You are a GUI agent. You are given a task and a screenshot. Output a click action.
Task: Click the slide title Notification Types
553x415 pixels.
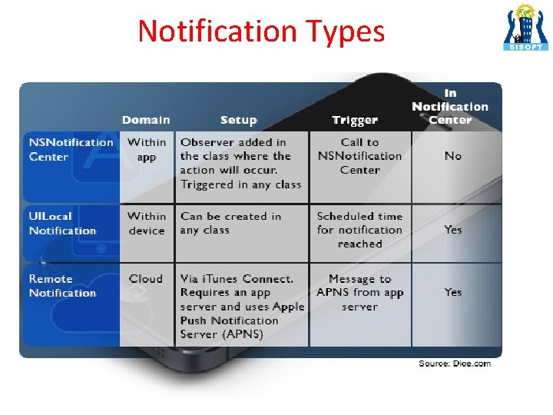click(261, 31)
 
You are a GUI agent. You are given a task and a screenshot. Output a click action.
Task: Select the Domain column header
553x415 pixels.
click(146, 120)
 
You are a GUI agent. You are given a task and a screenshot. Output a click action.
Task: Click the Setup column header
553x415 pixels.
click(238, 120)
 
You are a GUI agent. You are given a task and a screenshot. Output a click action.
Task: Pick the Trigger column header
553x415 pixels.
click(355, 120)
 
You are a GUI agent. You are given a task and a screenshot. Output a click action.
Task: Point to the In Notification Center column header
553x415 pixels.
click(450, 106)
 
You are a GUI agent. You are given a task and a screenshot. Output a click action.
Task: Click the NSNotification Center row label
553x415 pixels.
click(71, 149)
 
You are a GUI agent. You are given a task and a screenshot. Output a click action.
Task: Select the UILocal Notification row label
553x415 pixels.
click(62, 224)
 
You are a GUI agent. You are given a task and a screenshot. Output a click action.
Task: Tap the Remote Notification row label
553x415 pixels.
click(62, 286)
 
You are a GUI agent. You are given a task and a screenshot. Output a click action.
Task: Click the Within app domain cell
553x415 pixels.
click(147, 149)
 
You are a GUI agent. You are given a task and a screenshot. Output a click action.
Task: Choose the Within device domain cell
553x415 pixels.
click(147, 224)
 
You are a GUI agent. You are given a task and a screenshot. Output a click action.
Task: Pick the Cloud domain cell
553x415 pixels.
click(146, 279)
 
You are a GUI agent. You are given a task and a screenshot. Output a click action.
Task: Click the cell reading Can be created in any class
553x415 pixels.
click(230, 224)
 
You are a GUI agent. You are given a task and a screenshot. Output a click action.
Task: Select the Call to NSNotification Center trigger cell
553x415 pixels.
click(359, 156)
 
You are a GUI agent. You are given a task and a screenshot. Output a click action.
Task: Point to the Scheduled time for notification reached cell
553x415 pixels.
click(359, 230)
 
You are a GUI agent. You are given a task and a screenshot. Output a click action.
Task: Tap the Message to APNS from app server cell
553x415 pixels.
click(359, 293)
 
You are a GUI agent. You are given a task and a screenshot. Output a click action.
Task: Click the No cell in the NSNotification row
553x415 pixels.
click(453, 156)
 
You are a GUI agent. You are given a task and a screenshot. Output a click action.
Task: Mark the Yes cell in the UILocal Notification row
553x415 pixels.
click(453, 230)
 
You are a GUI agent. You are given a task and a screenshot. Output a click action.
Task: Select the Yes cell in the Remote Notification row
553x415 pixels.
click(453, 292)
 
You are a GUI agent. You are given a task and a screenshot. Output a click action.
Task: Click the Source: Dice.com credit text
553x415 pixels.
click(454, 364)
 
